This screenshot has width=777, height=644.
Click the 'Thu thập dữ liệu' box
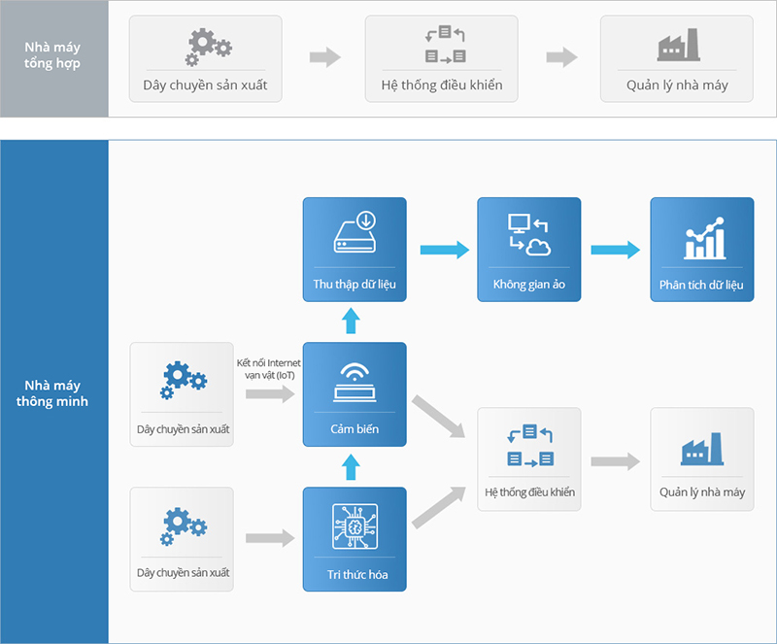[x=355, y=250]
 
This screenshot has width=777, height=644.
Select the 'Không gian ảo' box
[x=528, y=250]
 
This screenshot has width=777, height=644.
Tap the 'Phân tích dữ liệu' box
[x=701, y=250]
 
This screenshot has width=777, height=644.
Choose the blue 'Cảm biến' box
[x=355, y=394]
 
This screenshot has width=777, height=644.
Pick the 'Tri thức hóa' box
[x=355, y=539]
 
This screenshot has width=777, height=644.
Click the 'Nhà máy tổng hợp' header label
[x=52, y=55]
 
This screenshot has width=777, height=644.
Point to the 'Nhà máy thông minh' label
[x=52, y=393]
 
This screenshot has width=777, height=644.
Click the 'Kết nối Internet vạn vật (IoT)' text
[x=269, y=369]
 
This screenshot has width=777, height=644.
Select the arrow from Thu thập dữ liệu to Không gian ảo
[x=445, y=250]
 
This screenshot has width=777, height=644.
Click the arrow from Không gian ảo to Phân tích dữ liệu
[x=616, y=250]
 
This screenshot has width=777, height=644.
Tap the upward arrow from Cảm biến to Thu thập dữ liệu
[x=351, y=321]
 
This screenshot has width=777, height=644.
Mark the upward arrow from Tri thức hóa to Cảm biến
[x=351, y=467]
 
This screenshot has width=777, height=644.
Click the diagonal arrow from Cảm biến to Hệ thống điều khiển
[x=438, y=417]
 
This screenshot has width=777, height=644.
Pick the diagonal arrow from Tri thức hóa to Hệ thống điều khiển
[x=439, y=508]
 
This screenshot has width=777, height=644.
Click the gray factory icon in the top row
[x=678, y=45]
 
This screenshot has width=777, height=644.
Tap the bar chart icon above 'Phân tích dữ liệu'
[x=705, y=238]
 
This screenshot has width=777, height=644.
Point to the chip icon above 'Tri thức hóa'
[x=355, y=526]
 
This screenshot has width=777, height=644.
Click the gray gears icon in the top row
[x=208, y=47]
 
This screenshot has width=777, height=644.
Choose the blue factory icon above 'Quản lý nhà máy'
[x=702, y=449]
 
